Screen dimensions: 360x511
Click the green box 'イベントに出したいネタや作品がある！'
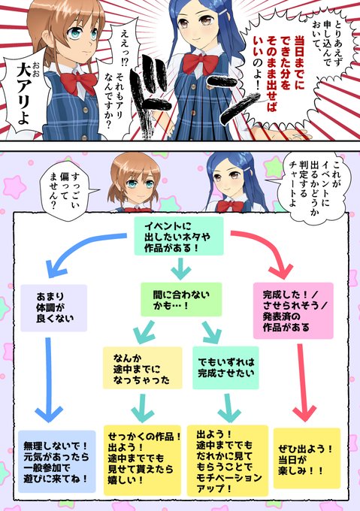[x=179, y=236]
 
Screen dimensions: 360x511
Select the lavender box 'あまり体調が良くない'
[x=54, y=308]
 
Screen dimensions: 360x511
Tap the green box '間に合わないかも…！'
[x=181, y=300]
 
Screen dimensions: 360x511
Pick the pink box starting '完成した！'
[x=293, y=311]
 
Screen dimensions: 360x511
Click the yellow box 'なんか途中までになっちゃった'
[x=142, y=368]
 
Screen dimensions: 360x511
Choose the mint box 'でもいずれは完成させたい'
[x=225, y=367]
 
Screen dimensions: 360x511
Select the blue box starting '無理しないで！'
[x=56, y=461]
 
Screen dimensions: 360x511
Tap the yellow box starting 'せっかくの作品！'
[x=142, y=460]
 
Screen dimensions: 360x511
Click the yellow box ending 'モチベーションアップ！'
[x=228, y=461]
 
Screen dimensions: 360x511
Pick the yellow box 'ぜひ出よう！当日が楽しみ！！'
[x=307, y=458]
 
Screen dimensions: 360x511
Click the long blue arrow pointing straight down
[x=49, y=379]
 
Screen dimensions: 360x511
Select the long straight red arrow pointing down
[x=303, y=382]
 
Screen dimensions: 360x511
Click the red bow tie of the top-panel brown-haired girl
[x=78, y=83]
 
